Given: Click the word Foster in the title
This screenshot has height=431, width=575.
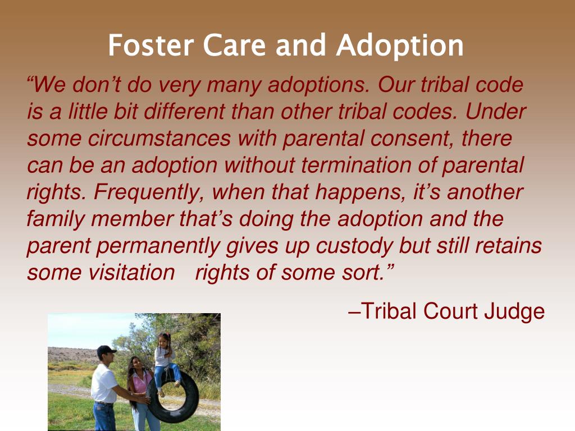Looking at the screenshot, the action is pyautogui.click(x=150, y=45).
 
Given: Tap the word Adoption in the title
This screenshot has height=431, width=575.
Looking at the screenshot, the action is pyautogui.click(x=400, y=46).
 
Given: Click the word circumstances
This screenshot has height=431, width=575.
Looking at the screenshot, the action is pyautogui.click(x=159, y=138).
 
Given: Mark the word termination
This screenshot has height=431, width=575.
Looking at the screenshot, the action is pyautogui.click(x=356, y=165).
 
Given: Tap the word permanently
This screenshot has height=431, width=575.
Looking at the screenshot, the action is pyautogui.click(x=158, y=246).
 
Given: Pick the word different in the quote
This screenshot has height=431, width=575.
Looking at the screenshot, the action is pyautogui.click(x=184, y=112).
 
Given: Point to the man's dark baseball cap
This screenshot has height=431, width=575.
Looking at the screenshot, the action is pyautogui.click(x=106, y=350).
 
